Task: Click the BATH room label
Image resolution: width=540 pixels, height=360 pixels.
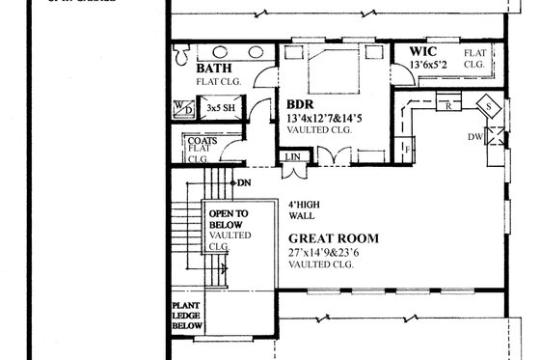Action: (213, 69)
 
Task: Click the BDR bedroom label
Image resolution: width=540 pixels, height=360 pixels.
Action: (299, 104)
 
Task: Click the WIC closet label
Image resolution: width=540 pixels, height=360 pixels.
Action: (423, 50)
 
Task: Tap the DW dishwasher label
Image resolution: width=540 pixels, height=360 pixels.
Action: (502, 137)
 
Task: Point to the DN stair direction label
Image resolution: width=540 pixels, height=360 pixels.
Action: (245, 181)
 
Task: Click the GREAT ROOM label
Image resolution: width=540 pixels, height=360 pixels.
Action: (333, 238)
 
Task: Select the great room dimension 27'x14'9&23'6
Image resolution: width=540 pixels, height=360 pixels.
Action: (331, 253)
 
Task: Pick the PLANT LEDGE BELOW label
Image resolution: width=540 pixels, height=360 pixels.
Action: (187, 316)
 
